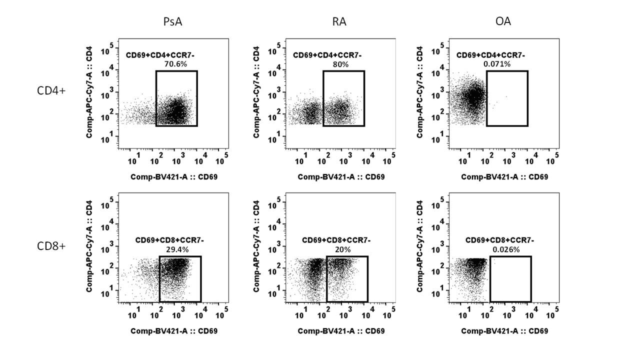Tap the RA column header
[339, 21]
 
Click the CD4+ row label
[51, 91]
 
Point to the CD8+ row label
[51, 246]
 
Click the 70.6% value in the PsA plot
[175, 64]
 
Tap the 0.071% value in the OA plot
[496, 64]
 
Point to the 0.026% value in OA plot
[506, 249]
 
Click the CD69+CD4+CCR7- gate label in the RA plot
[327, 55]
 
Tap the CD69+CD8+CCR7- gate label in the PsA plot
[169, 240]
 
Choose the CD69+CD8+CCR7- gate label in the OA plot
[499, 240]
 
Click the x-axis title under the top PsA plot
[174, 177]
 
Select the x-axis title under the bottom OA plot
[504, 331]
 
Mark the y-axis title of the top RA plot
[256, 92]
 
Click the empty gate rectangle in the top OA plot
[507, 98]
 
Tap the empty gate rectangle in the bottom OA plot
[510, 279]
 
